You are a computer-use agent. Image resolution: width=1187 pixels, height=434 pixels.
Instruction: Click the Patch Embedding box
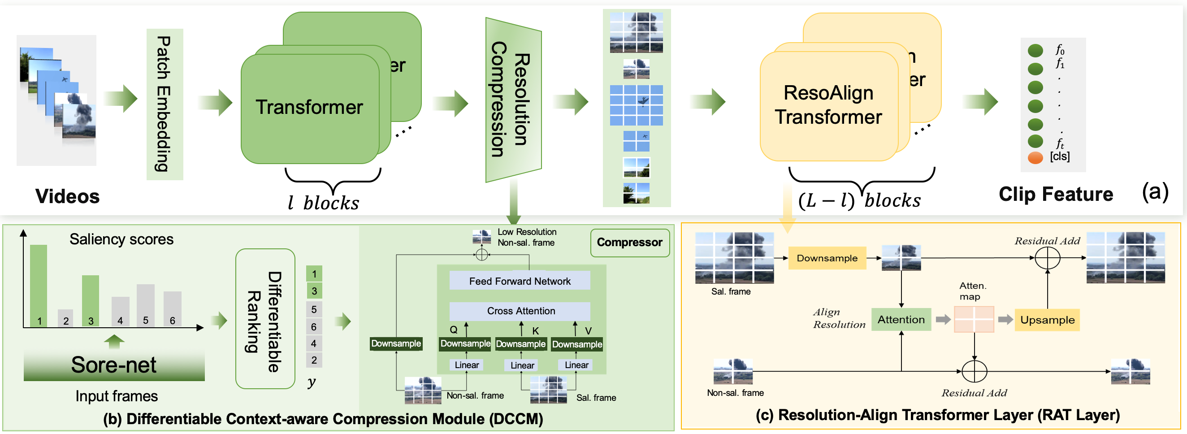[165, 104]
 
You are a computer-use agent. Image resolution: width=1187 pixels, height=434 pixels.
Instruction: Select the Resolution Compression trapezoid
[513, 100]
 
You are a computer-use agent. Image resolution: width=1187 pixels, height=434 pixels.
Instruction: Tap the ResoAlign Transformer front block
[828, 106]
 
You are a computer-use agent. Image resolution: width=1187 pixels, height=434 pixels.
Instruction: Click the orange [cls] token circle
[1035, 157]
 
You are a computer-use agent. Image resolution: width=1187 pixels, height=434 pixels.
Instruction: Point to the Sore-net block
[114, 365]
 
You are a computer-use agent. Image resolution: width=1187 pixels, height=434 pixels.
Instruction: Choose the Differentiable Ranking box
[265, 319]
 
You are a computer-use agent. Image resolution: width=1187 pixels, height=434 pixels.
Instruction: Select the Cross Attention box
[520, 311]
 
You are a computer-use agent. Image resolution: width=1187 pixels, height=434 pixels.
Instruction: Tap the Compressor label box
[629, 243]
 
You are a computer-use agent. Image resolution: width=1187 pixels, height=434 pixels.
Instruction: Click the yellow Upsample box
[1047, 320]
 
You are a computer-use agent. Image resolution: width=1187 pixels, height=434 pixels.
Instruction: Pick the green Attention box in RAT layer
[901, 319]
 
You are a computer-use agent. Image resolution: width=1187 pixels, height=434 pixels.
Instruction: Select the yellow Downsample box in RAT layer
[827, 258]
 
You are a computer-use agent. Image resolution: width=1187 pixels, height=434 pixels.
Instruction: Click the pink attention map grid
[974, 319]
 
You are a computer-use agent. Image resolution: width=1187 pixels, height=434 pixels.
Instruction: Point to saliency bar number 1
[39, 286]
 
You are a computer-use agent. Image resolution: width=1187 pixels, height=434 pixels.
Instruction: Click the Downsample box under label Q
[465, 344]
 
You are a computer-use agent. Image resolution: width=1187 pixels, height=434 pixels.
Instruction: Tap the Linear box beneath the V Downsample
[576, 365]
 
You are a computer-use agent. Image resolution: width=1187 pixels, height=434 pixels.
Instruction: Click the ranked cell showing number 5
[314, 309]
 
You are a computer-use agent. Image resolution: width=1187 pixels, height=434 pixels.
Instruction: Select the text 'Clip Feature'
[1055, 194]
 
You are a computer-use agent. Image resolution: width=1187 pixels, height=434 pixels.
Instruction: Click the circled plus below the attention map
[974, 371]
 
